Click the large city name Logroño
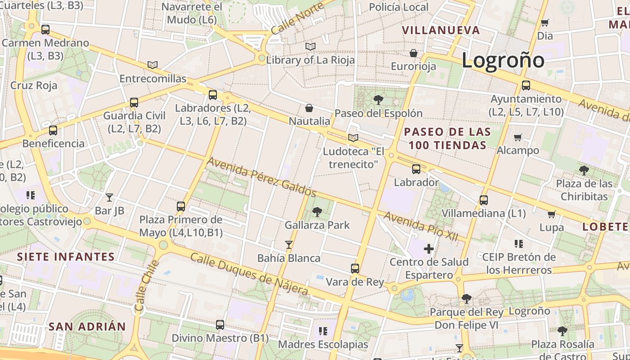(x=503, y=60)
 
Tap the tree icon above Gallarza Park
(x=317, y=211)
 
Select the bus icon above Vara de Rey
(x=355, y=269)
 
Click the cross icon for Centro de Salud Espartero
(x=429, y=248)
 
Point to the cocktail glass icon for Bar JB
(x=109, y=197)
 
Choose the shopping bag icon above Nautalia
(x=309, y=108)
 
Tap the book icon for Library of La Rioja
(x=310, y=46)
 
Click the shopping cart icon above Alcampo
(x=517, y=137)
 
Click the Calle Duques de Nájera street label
(x=249, y=274)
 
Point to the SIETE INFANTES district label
(x=66, y=257)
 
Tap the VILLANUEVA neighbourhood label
(x=441, y=30)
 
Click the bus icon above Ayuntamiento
(x=526, y=85)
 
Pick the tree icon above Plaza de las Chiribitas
(x=584, y=170)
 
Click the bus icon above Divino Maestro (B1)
(x=220, y=324)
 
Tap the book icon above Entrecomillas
(x=153, y=65)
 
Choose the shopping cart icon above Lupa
(x=551, y=214)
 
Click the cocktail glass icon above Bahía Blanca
(x=289, y=245)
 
